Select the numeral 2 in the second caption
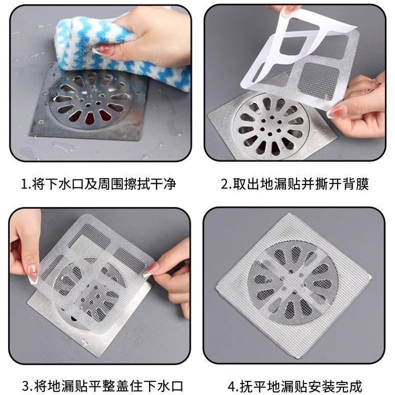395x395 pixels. pos(225,184)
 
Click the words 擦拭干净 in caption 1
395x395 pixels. pos(150,184)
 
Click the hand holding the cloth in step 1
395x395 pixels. pos(150,35)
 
